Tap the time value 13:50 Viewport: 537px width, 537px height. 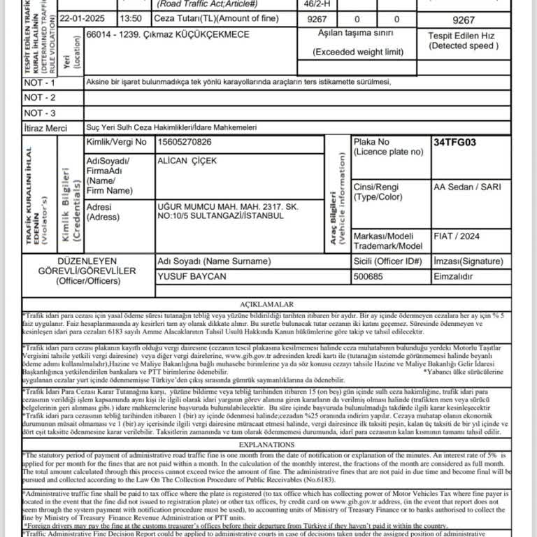click(x=131, y=19)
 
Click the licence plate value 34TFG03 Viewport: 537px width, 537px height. click(x=454, y=143)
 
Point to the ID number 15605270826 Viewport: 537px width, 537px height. click(x=185, y=143)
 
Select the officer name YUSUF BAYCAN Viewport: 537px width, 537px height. click(x=192, y=276)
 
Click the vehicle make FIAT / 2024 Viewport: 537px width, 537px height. click(x=457, y=236)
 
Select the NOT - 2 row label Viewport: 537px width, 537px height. click(x=40, y=98)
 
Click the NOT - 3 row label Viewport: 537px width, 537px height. click(x=40, y=113)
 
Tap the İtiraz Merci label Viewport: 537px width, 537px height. click(x=45, y=129)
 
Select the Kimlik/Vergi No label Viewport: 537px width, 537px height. click(x=116, y=143)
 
